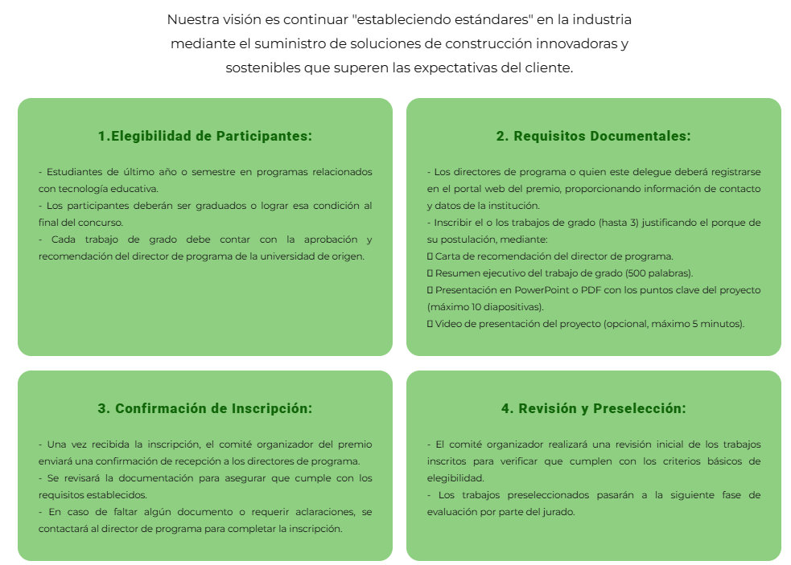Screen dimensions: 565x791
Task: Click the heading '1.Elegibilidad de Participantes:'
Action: click(x=205, y=137)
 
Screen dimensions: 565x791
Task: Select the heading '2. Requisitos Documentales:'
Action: click(x=593, y=137)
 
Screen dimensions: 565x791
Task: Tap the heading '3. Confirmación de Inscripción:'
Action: click(x=205, y=408)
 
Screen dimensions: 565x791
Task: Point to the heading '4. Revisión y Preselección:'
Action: click(x=593, y=408)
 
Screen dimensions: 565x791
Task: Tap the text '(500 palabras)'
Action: click(x=656, y=272)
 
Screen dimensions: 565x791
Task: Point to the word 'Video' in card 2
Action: click(x=447, y=323)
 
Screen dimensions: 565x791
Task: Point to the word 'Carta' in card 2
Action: click(x=448, y=256)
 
